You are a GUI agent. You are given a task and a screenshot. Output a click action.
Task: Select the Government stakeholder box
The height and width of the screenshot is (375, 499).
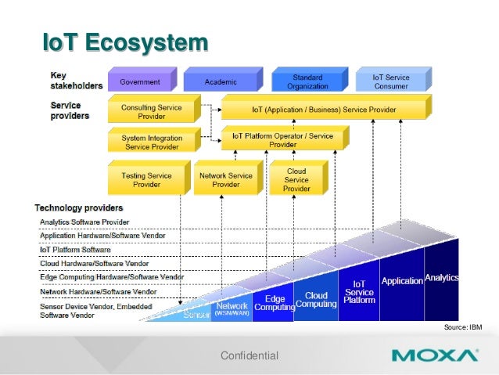pyautogui.click(x=140, y=82)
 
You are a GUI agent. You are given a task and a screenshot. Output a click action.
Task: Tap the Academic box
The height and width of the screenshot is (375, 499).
pyautogui.click(x=221, y=82)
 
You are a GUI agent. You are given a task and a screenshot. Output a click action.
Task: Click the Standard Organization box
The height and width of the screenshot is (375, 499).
pyautogui.click(x=307, y=82)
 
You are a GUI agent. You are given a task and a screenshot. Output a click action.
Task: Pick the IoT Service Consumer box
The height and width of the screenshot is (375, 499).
pyautogui.click(x=390, y=82)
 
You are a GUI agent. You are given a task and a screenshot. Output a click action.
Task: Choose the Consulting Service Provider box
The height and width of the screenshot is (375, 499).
pyautogui.click(x=151, y=111)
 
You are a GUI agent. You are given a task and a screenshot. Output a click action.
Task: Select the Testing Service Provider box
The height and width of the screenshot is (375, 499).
pyautogui.click(x=146, y=180)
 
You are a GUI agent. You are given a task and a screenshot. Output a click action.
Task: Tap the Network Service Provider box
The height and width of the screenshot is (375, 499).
pyautogui.click(x=226, y=180)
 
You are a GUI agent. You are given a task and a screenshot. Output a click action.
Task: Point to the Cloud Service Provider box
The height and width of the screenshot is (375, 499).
pyautogui.click(x=296, y=179)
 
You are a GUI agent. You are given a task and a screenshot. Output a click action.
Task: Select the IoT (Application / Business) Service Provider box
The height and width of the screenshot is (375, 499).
pyautogui.click(x=324, y=109)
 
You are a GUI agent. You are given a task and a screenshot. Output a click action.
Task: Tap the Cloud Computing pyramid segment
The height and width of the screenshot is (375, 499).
pyautogui.click(x=316, y=301)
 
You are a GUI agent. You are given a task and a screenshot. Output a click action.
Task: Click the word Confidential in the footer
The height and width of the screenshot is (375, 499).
pyautogui.click(x=249, y=356)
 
